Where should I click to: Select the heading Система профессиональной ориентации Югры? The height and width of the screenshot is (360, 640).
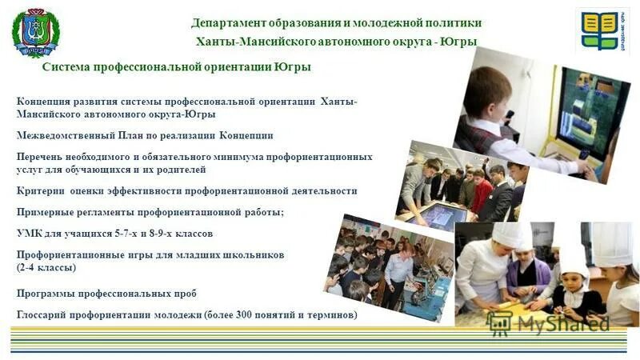[x=176, y=68]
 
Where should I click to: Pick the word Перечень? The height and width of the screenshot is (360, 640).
[x=41, y=157]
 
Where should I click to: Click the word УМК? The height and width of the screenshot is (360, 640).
[x=29, y=234]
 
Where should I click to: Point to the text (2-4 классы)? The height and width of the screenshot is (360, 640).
[x=46, y=266]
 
